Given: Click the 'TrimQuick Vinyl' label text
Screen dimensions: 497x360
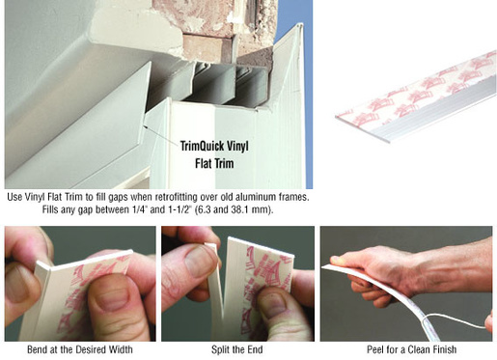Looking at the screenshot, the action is (214, 147).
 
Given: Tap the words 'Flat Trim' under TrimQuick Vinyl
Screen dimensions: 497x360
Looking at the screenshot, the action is (214, 163).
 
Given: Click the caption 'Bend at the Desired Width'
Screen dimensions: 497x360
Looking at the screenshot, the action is (80, 349).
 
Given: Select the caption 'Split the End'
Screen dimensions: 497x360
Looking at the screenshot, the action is (237, 349).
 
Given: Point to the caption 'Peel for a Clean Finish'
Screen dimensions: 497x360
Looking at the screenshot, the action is (412, 349).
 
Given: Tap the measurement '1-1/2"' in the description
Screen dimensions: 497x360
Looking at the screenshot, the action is (179, 209).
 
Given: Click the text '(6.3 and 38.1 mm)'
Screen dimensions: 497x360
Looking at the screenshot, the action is (234, 209).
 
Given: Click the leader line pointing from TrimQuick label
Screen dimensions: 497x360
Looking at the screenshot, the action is (161, 134).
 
